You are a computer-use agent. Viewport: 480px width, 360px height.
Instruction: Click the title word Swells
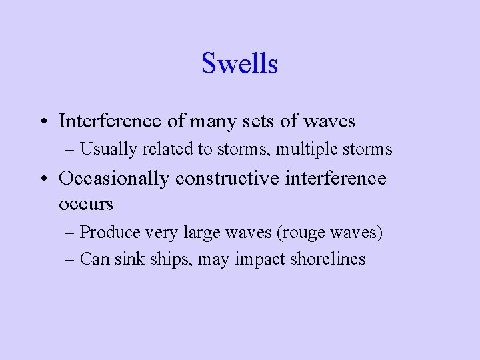click(x=239, y=64)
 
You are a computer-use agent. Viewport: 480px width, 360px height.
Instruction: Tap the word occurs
click(x=86, y=203)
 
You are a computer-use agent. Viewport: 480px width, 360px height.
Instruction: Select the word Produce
click(x=107, y=233)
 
